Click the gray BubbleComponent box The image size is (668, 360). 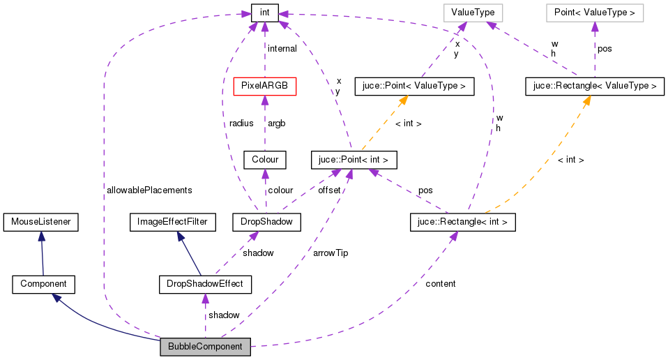coord(205,347)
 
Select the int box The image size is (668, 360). coord(264,13)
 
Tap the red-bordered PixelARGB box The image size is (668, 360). coord(264,86)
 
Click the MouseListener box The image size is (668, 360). coord(40,222)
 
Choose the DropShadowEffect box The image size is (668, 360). coord(205,284)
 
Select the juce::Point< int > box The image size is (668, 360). coord(354,160)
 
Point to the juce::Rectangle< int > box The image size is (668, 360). coord(463,222)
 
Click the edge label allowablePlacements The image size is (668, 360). coord(149,190)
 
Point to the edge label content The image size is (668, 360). coord(440,283)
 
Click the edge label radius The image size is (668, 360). coord(241,123)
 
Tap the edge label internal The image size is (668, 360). coord(282,49)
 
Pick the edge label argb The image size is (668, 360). coord(277,123)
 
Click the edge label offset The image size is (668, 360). coord(329,190)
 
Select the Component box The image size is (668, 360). coord(43,284)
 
